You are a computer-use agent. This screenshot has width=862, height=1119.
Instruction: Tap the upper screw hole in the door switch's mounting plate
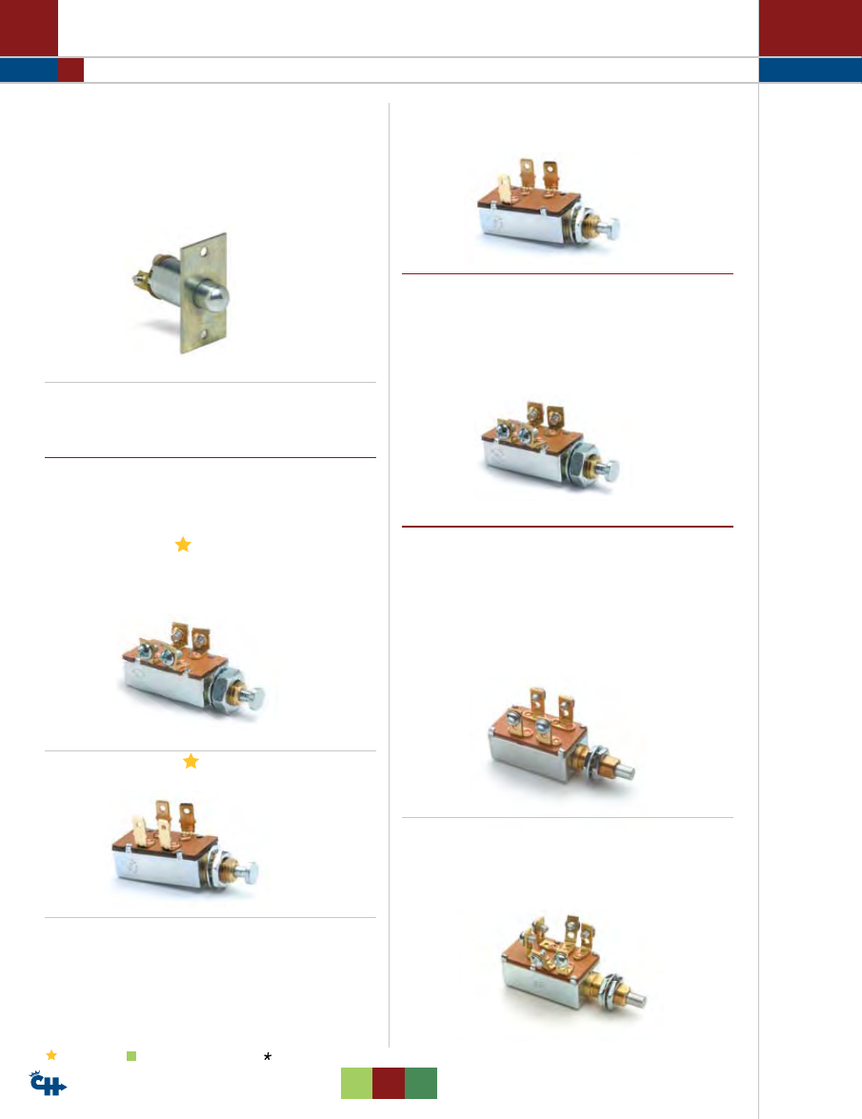pos(204,252)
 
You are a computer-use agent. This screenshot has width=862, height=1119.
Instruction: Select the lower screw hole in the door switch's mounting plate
pos(204,334)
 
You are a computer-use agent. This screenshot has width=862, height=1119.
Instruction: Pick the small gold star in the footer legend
pos(51,1055)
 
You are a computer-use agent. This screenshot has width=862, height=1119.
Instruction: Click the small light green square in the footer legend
pos(131,1056)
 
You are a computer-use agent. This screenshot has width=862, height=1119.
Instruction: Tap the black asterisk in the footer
pos(268,1057)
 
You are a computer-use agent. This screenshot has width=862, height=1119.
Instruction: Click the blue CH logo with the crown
pos(48,1084)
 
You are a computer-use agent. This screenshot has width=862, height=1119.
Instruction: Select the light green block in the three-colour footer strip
pos(356,1084)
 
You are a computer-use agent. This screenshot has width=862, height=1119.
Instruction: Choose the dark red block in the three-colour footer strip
pos(389,1084)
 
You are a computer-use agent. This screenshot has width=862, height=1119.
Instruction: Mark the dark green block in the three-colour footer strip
pos(421,1084)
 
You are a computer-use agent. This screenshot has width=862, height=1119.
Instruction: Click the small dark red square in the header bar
pos(70,70)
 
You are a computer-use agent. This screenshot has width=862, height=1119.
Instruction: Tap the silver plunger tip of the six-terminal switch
pos(638,999)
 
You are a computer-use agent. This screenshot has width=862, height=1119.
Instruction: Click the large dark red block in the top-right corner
pos(810,28)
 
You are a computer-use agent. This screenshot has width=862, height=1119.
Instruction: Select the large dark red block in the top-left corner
pos(29,28)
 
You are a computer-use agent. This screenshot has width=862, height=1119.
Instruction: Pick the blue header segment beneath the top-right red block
pos(810,70)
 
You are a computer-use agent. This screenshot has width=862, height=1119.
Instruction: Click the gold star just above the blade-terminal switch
pos(190,762)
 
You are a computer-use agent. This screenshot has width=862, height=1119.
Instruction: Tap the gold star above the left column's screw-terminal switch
pos(183,545)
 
